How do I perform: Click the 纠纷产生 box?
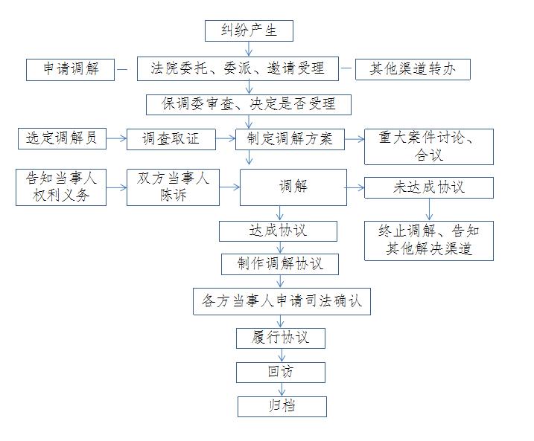tap(249, 31)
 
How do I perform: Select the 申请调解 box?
tap(70, 70)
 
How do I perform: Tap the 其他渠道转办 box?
tap(413, 69)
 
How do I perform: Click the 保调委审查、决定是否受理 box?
tap(249, 105)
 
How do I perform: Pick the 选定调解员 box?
tap(62, 139)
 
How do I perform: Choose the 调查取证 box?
tap(171, 139)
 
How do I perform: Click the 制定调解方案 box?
tap(290, 139)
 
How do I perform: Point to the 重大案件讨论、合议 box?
tap(429, 147)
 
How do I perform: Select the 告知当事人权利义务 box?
tap(61, 187)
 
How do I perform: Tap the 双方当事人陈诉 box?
tap(173, 187)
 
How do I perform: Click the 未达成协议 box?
tap(429, 187)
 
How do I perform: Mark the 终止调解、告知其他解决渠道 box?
tap(429, 241)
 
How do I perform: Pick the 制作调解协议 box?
tap(280, 264)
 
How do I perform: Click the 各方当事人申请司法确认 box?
tap(282, 302)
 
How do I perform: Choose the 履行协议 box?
tap(281, 338)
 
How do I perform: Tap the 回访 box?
tap(281, 373)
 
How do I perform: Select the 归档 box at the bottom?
tap(282, 407)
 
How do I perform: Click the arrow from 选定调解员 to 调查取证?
tap(116, 139)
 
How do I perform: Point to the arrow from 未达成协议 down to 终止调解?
tap(429, 210)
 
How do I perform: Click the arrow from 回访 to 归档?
tap(282, 390)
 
